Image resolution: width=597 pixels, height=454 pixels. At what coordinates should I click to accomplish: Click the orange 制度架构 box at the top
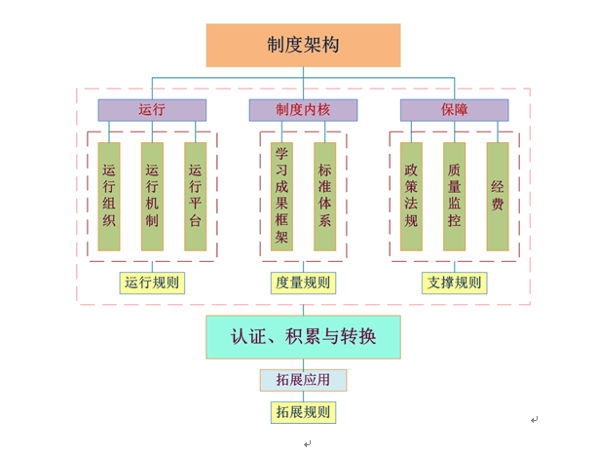[303, 45]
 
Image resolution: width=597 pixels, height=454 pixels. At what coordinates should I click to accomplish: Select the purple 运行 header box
[152, 110]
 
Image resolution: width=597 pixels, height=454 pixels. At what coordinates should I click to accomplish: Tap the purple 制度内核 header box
[303, 110]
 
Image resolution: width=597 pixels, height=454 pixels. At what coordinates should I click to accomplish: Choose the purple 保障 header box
[454, 110]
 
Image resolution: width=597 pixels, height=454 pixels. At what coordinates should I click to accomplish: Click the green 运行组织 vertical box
[109, 196]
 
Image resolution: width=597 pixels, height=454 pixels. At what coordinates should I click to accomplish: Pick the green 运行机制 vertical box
[152, 196]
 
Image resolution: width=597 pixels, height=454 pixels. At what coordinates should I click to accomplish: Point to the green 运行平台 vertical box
[196, 196]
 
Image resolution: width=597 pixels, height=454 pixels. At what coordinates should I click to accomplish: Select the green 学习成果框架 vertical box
[281, 196]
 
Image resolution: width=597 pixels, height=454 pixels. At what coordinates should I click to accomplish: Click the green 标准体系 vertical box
[325, 196]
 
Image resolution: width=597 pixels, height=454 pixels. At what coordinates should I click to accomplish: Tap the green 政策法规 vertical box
[411, 196]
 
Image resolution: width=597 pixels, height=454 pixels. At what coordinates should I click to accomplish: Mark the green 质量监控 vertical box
[454, 196]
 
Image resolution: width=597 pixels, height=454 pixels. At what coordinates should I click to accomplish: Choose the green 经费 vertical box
[498, 196]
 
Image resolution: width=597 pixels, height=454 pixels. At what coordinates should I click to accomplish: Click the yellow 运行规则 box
[152, 283]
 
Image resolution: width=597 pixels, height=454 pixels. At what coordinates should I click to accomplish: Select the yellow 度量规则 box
[303, 283]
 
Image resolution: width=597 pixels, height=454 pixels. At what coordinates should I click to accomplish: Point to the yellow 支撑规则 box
[454, 283]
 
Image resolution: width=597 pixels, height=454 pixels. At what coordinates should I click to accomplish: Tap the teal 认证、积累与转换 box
[303, 337]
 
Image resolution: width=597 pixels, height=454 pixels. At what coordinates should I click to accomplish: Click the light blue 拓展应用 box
[303, 380]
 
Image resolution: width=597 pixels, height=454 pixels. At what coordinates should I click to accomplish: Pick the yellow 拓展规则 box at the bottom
[303, 412]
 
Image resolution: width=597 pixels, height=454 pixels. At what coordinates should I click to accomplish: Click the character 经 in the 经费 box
[498, 185]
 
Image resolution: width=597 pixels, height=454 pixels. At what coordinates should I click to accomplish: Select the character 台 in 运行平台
[196, 220]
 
